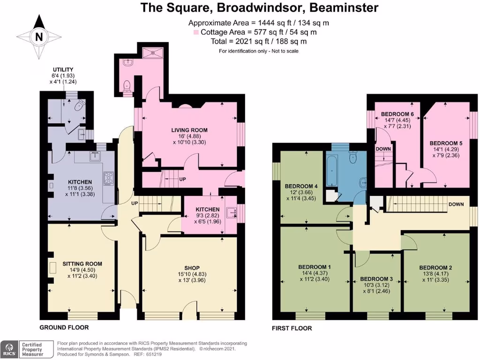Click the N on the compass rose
click(x=39, y=37)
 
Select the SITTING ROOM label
click(x=82, y=264)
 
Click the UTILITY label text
click(x=63, y=69)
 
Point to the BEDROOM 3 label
click(x=377, y=278)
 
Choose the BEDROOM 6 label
click(x=397, y=114)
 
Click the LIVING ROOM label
click(x=189, y=130)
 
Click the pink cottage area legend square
click(x=196, y=32)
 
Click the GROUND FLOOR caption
click(x=64, y=327)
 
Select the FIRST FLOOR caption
click(x=292, y=328)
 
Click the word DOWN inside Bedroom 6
click(x=384, y=149)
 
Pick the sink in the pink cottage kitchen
click(x=232, y=213)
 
